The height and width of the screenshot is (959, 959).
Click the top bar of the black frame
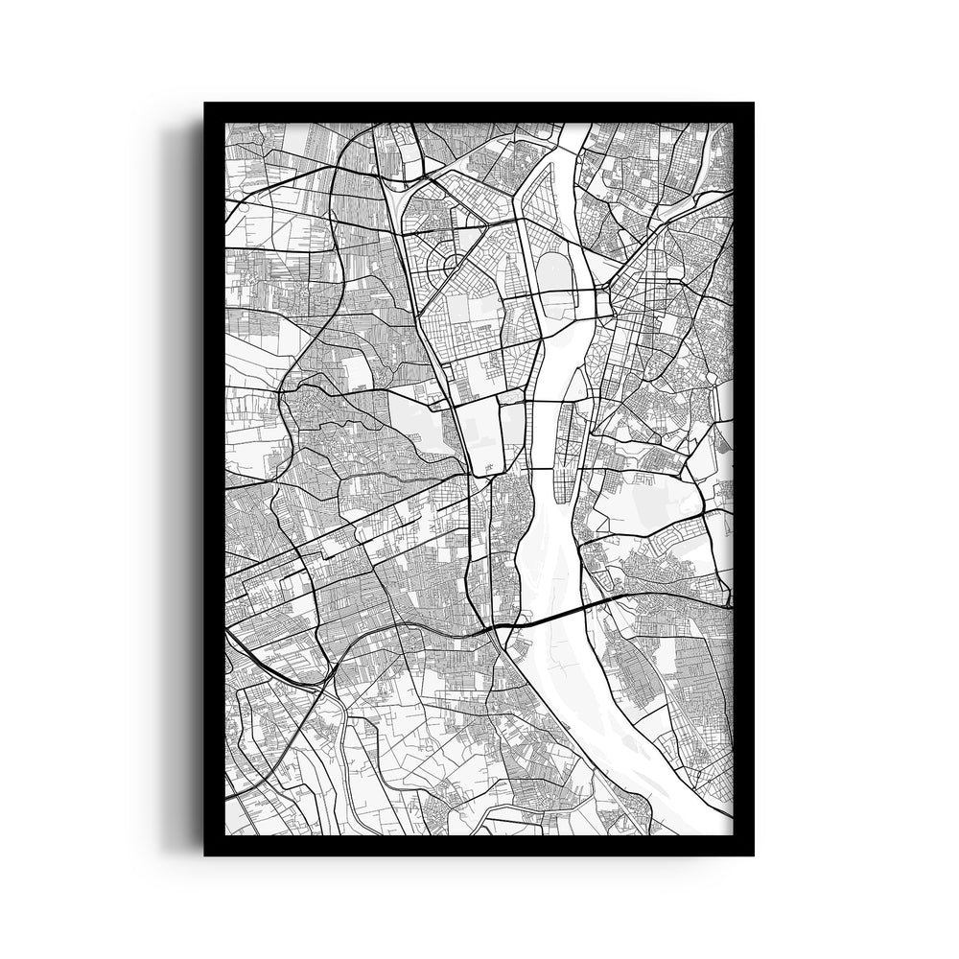(479, 111)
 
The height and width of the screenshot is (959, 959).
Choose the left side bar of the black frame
(214, 479)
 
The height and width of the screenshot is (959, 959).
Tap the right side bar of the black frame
(743, 479)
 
